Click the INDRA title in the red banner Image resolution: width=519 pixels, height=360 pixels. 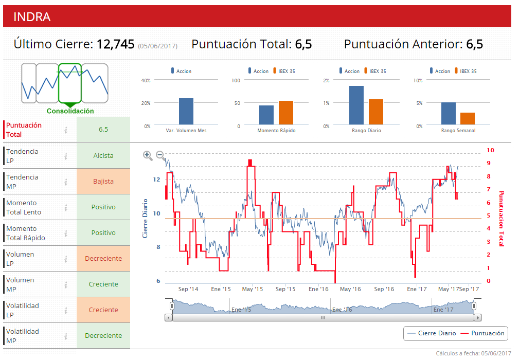32,17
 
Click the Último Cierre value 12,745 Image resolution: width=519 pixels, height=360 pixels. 116,44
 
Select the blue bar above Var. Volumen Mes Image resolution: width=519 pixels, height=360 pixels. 186,111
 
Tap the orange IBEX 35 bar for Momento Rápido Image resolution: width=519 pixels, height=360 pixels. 286,113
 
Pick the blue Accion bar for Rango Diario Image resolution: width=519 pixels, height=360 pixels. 356,105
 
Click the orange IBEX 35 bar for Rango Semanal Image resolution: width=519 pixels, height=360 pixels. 468,118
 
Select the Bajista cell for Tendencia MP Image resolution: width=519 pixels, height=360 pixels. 103,182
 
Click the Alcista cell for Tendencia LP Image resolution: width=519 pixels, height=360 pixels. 103,156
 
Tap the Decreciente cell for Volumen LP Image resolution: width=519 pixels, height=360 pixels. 103,259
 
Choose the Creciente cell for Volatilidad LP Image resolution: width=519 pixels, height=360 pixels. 103,310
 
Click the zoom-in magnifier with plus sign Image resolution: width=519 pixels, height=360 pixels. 148,155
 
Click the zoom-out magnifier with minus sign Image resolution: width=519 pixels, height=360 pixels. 160,155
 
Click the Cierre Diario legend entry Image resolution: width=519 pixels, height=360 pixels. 437,333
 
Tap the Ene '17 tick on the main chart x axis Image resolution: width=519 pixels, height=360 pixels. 417,289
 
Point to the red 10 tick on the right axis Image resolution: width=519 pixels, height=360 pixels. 490,150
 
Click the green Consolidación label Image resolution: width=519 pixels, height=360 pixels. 70,111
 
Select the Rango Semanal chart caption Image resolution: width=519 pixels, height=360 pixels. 458,131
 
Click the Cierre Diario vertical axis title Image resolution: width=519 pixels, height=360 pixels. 145,218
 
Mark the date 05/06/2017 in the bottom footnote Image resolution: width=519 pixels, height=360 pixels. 496,353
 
